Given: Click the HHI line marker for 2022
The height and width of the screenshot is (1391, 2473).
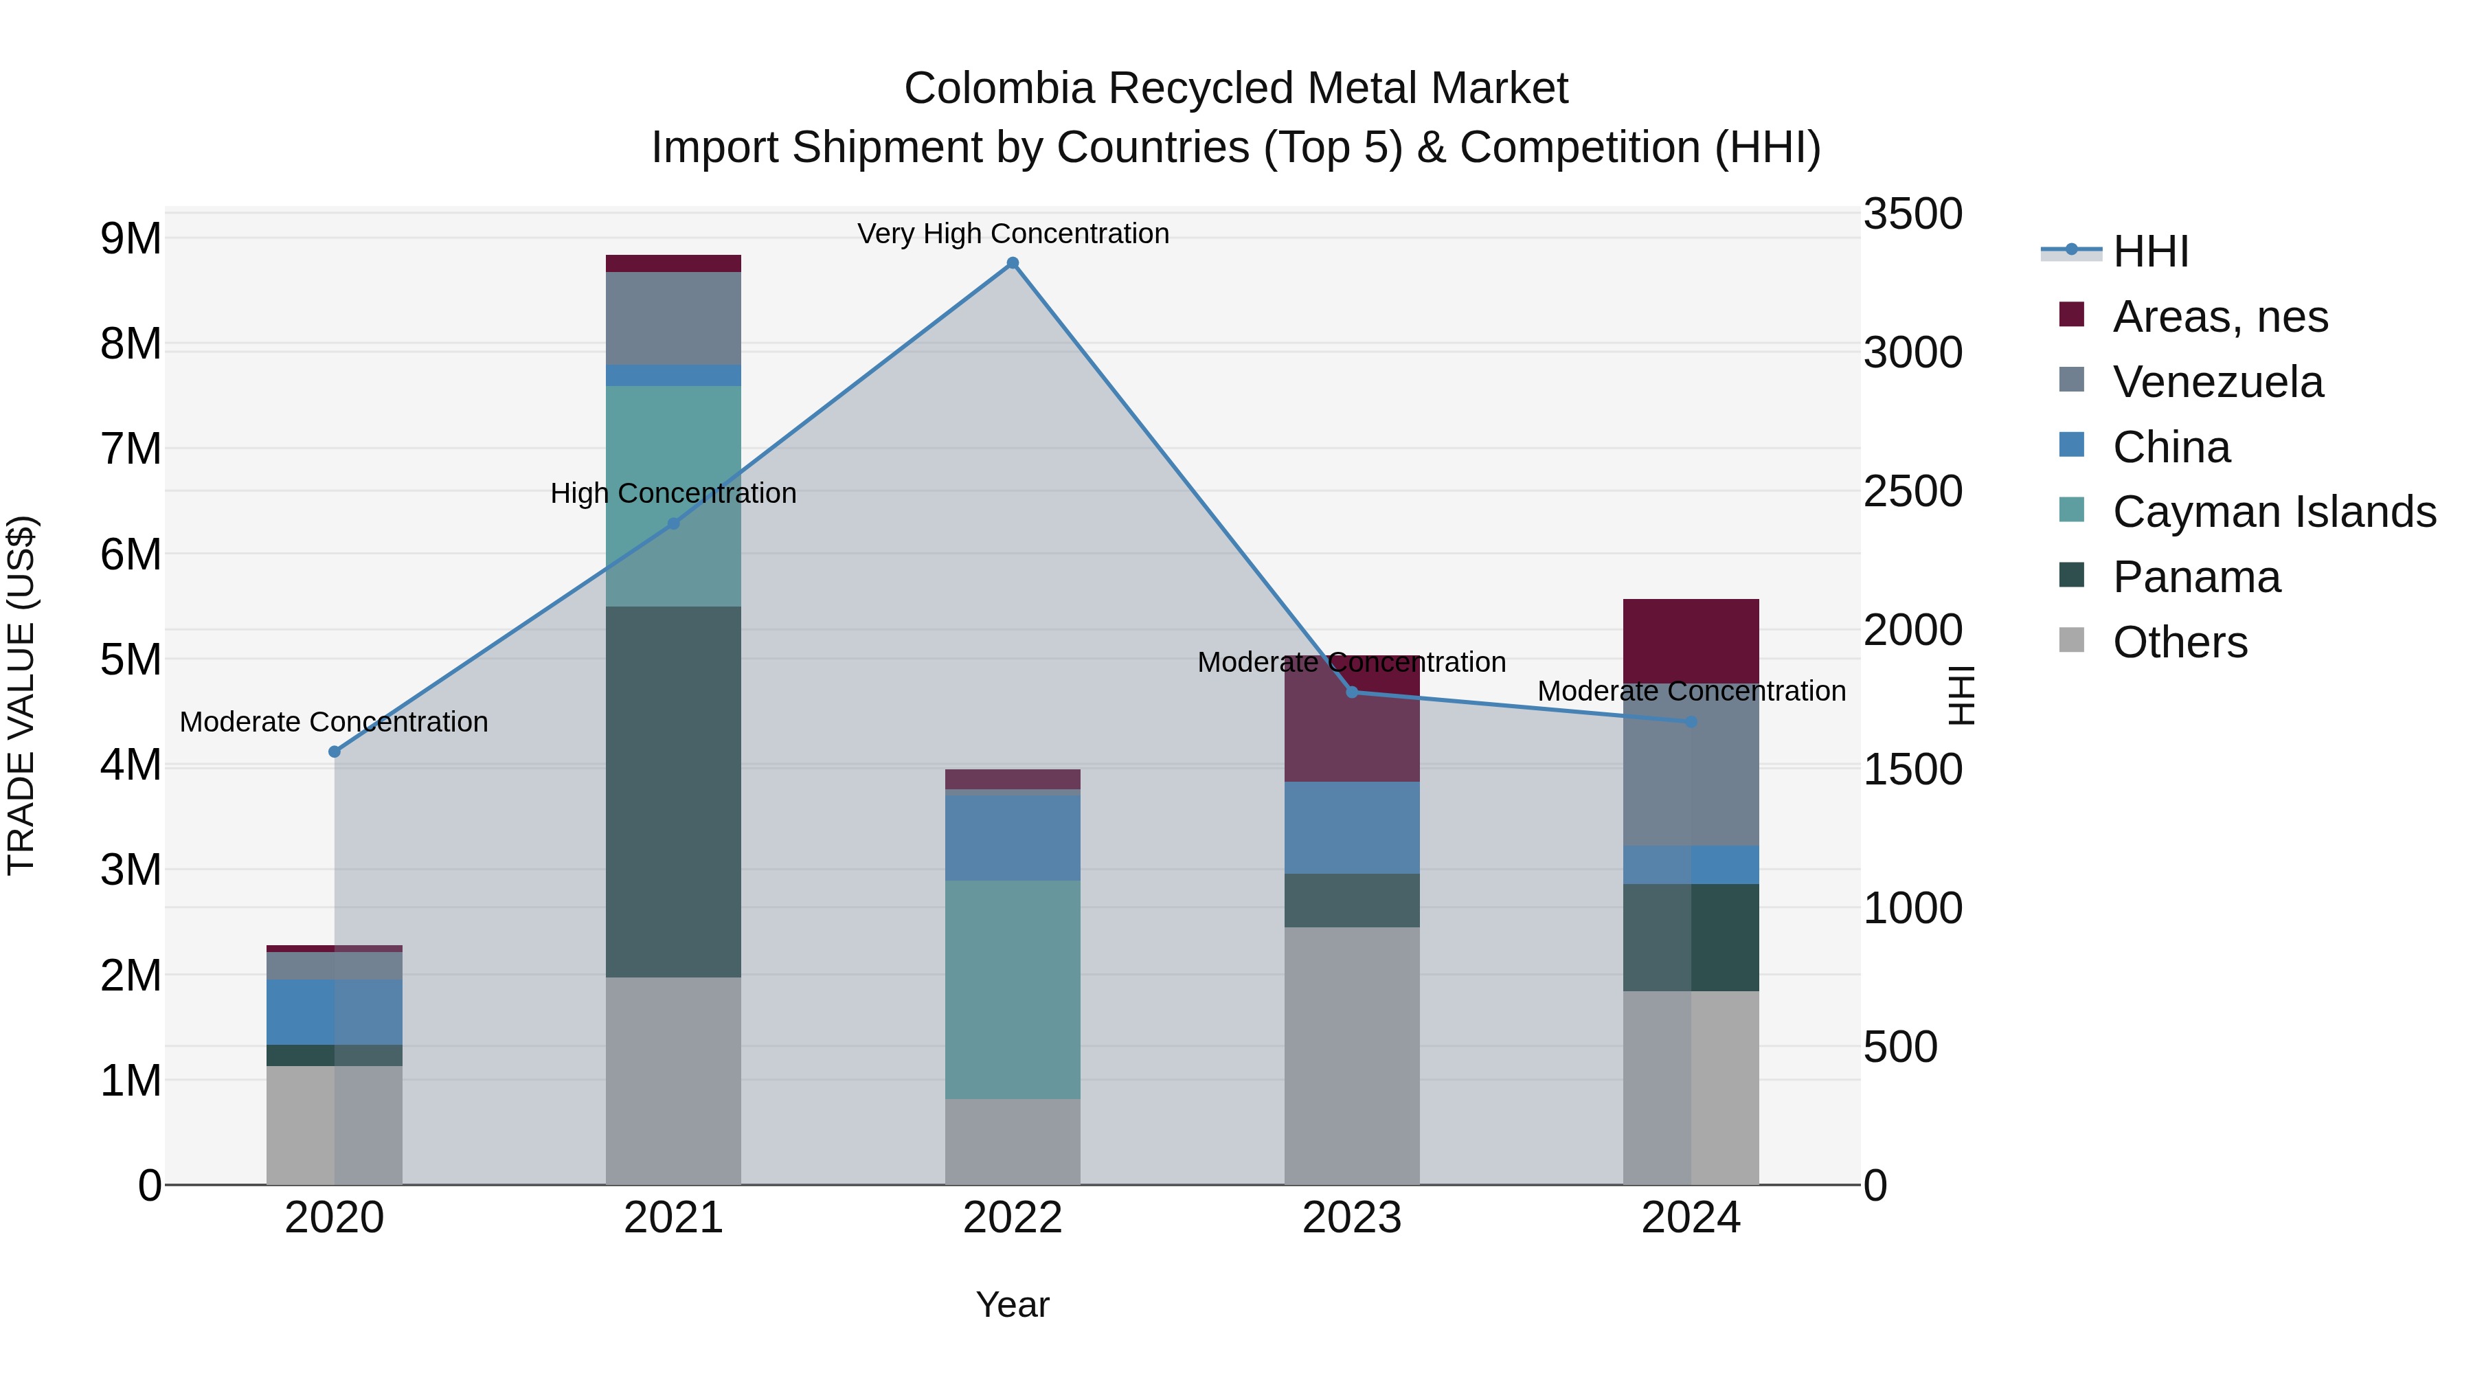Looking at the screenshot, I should pos(1013,263).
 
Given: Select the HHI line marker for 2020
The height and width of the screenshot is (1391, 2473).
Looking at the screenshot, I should pos(334,751).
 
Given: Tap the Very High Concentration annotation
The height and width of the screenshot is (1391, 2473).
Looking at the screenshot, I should pos(1013,234).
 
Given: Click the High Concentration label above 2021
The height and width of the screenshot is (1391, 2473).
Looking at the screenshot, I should pos(673,493).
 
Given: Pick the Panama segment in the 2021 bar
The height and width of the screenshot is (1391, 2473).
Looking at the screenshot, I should pos(673,792).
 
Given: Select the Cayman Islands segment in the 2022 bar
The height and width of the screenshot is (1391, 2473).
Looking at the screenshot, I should pos(1013,988).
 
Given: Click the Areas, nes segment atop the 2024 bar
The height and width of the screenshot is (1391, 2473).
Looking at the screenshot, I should pos(1691,640).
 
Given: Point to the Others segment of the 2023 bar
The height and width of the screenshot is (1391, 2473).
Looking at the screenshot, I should pos(1352,1056).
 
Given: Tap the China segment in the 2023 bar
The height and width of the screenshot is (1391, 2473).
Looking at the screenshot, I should pos(1352,828).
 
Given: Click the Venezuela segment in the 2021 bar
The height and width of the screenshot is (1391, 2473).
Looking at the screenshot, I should pos(673,319).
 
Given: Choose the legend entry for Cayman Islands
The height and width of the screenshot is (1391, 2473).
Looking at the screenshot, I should pos(2273,512).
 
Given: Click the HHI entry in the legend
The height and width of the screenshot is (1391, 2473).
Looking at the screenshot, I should pos(2150,251).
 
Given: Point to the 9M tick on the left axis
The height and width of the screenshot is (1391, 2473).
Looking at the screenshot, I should pos(131,238).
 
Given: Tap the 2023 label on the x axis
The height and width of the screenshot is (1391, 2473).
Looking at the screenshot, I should pos(1352,1218).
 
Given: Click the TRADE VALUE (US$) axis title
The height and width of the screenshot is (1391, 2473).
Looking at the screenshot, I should pos(22,695).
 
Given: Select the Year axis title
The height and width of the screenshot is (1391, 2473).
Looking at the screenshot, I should pos(1013,1304).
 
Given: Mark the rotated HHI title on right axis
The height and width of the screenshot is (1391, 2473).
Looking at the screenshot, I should pos(1961,695).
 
